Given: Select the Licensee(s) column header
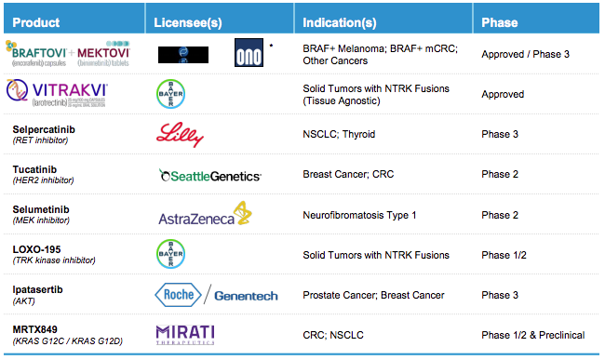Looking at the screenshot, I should pos(192,21).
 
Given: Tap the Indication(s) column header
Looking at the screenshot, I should pos(343,21).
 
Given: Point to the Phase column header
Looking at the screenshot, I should pos(500,21).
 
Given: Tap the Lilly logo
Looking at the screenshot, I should pos(179,134).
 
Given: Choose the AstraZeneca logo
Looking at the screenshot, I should pos(203,215).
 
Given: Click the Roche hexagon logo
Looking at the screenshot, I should pos(175,295).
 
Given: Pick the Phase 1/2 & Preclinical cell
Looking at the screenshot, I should pos(532,335).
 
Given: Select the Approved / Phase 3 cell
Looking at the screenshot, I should pos(525,54).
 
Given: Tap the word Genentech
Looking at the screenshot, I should pos(246,296).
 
